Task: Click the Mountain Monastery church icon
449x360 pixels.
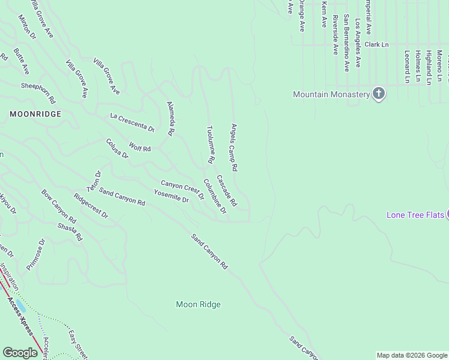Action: click(378, 94)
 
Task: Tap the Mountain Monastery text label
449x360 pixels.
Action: click(331, 94)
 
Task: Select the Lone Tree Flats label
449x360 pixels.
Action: click(414, 215)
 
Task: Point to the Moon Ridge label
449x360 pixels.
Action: click(198, 305)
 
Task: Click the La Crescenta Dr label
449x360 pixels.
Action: click(132, 122)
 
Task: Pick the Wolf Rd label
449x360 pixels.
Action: click(139, 147)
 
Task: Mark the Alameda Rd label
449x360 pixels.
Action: click(170, 117)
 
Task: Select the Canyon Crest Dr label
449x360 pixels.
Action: click(182, 190)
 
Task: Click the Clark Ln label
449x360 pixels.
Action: click(376, 44)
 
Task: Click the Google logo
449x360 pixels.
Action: click(20, 353)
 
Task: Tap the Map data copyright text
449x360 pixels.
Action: click(411, 355)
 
